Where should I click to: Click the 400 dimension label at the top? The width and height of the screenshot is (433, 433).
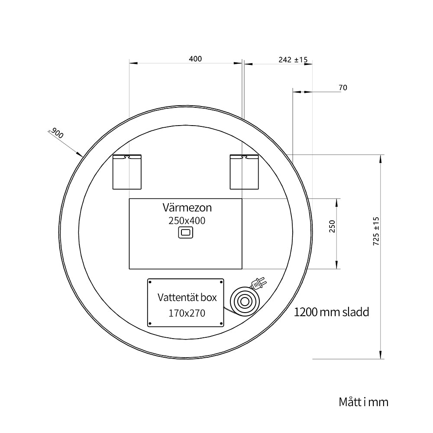(195, 59)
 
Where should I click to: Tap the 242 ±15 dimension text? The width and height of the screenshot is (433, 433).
(293, 60)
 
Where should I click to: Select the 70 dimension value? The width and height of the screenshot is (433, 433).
(343, 87)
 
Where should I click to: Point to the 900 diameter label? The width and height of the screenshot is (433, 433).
(57, 133)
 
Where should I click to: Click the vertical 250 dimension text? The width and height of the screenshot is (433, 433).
(332, 226)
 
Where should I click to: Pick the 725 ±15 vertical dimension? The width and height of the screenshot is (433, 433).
(376, 231)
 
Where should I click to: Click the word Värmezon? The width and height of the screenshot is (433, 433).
(187, 207)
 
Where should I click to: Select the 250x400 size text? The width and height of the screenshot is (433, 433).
(187, 221)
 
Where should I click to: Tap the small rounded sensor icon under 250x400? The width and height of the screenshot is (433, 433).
(186, 233)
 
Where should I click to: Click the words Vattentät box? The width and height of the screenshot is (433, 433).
(187, 297)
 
